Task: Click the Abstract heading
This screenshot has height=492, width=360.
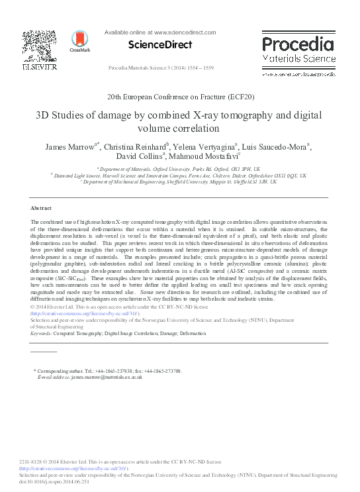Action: (x=41, y=207)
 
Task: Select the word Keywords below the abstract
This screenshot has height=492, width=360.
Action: (x=41, y=334)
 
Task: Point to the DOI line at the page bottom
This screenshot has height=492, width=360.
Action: (x=57, y=482)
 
